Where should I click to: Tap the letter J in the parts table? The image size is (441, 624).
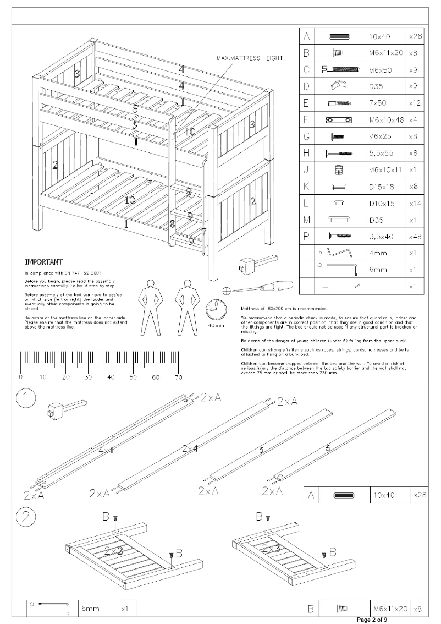pyautogui.click(x=306, y=169)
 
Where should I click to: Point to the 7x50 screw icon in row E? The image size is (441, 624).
pyautogui.click(x=338, y=103)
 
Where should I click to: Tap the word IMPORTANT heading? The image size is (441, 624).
pyautogui.click(x=43, y=262)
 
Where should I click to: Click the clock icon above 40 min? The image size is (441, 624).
pyautogui.click(x=216, y=309)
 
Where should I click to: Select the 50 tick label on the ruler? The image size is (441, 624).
pyautogui.click(x=133, y=377)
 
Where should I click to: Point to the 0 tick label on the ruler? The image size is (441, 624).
pyautogui.click(x=20, y=377)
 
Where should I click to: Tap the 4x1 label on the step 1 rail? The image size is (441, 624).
pyautogui.click(x=106, y=450)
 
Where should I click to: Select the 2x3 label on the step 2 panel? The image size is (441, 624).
pyautogui.click(x=269, y=549)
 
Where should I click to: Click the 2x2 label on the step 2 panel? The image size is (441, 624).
pyautogui.click(x=113, y=551)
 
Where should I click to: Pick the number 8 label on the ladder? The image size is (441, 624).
pyautogui.click(x=172, y=223)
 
